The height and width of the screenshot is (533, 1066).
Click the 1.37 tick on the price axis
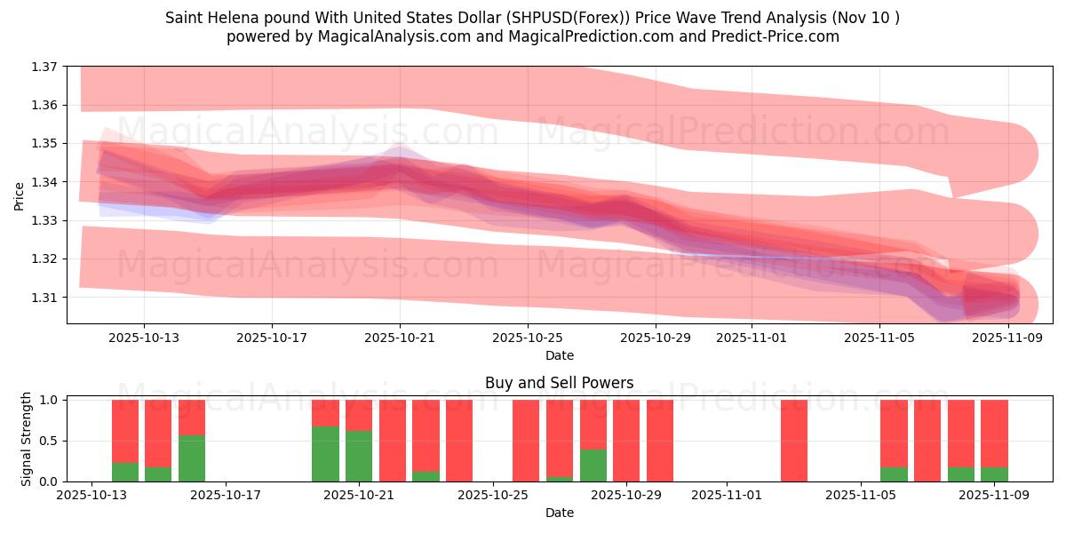[x=44, y=67]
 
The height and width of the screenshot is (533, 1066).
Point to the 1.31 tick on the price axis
[x=44, y=297]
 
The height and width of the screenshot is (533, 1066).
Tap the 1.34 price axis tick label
[x=44, y=182]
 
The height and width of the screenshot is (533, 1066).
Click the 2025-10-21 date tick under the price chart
[x=400, y=338]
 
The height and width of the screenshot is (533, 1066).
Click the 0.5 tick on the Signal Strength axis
[x=50, y=441]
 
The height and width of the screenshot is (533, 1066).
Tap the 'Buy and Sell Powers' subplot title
[x=560, y=384]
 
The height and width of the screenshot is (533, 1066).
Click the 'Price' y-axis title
[x=20, y=195]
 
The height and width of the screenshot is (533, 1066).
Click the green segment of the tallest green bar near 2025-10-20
[x=325, y=454]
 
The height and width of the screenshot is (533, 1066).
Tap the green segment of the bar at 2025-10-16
[x=192, y=458]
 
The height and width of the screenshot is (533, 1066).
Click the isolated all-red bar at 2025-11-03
[x=794, y=441]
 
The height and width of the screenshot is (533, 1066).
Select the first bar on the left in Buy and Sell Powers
[x=125, y=441]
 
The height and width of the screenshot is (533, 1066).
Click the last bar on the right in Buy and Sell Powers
[x=994, y=441]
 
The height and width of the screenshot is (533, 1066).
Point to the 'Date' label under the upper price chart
[x=560, y=355]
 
